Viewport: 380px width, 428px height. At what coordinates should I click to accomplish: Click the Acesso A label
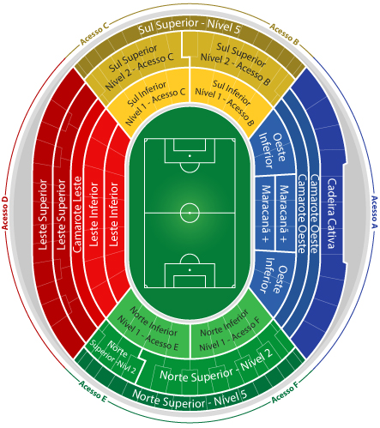coord(374,213)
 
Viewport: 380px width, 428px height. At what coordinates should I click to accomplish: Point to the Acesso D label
coord(5,213)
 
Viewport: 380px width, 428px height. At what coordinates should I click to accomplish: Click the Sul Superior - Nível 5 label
coord(190,27)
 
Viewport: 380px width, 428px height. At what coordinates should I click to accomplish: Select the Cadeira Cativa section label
coord(331,214)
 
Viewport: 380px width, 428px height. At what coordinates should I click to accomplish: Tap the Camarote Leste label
coord(77,214)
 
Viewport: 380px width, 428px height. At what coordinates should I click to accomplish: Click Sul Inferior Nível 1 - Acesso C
coord(155,103)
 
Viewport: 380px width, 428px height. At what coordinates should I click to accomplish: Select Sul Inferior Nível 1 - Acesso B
coord(225,103)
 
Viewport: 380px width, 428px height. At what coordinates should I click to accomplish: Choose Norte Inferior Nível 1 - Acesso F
coord(230,331)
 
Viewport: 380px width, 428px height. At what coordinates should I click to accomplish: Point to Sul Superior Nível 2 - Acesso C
coord(139,67)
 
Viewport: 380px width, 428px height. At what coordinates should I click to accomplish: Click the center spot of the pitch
coord(190,213)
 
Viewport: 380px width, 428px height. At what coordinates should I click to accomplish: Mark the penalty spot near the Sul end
coord(190,156)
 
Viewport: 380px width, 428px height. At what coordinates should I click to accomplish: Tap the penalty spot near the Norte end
coord(190,269)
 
